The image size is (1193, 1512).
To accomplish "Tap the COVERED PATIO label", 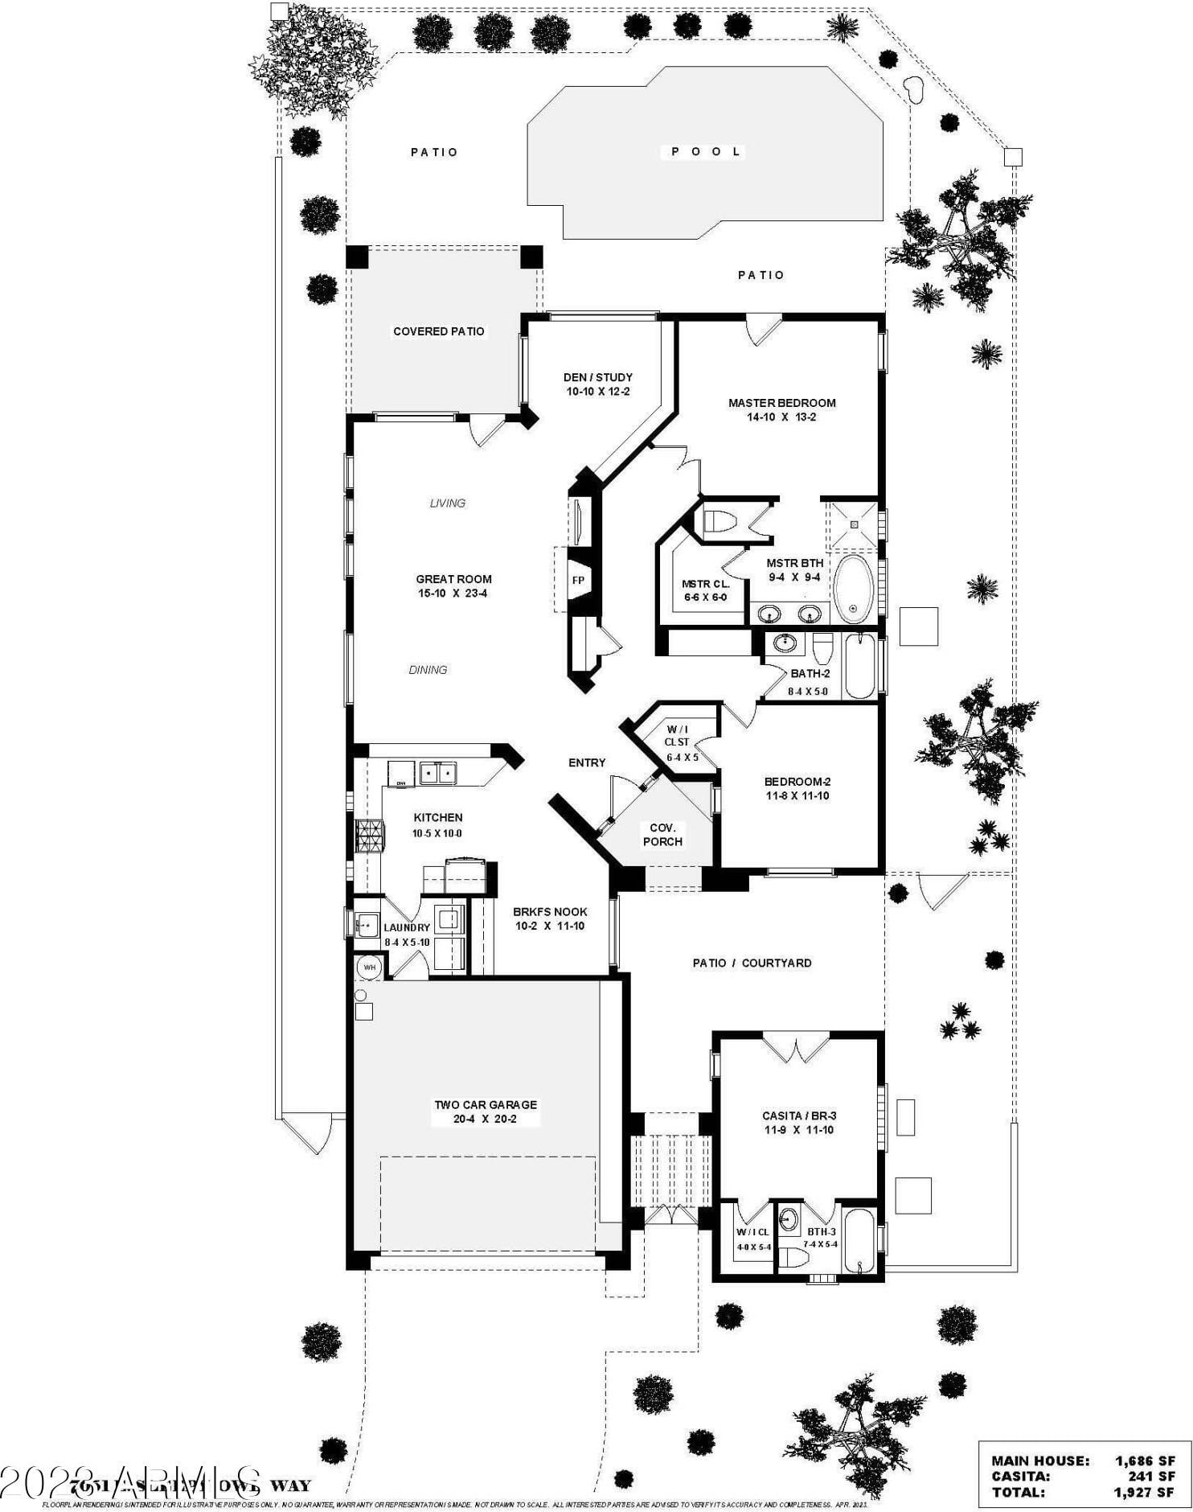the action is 439,331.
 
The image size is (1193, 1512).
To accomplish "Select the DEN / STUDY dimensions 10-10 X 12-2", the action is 598,392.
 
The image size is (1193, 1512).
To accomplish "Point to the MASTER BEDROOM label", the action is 781,403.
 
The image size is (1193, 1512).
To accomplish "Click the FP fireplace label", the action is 578,581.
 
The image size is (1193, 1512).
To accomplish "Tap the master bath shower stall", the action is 854,524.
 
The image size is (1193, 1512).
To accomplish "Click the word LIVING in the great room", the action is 447,503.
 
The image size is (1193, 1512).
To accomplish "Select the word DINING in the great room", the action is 428,670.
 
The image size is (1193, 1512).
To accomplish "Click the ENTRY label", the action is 587,762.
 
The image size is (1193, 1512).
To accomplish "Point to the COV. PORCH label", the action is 662,835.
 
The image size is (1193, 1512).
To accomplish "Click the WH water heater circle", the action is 370,968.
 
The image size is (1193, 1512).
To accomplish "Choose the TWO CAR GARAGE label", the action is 486,1105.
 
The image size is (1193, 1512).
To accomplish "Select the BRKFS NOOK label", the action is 550,912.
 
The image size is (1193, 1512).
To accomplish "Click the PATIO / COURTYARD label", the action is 752,963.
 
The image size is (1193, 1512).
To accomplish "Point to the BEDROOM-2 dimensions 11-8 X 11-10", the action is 796,796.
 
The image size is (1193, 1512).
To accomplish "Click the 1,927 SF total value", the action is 1143,1492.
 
